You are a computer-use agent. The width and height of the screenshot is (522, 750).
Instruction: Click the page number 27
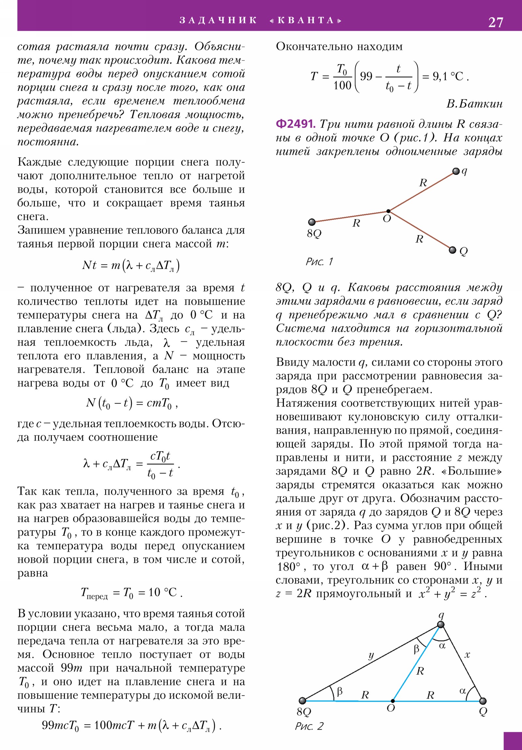pyautogui.click(x=496, y=22)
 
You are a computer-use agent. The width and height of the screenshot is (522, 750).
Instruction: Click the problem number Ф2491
pyautogui.click(x=296, y=124)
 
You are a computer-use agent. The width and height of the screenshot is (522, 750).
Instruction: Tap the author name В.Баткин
pyautogui.click(x=474, y=104)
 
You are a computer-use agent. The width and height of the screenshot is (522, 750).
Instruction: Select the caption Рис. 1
pyautogui.click(x=319, y=262)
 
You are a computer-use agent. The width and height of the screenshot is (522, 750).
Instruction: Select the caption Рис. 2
pyautogui.click(x=309, y=726)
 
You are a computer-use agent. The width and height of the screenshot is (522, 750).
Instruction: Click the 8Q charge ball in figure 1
pyautogui.click(x=312, y=222)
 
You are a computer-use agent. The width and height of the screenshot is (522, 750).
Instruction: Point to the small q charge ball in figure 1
pyautogui.click(x=456, y=172)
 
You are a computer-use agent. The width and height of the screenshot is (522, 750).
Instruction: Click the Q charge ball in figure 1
pyautogui.click(x=453, y=250)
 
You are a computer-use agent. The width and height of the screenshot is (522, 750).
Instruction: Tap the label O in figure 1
pyautogui.click(x=387, y=219)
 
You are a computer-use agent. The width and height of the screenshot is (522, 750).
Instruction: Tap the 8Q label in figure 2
pyautogui.click(x=304, y=712)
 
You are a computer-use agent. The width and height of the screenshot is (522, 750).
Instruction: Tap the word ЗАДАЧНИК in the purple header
pyautogui.click(x=218, y=20)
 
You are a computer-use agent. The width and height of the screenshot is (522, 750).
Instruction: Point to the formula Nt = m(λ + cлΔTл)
pyautogui.click(x=131, y=265)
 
